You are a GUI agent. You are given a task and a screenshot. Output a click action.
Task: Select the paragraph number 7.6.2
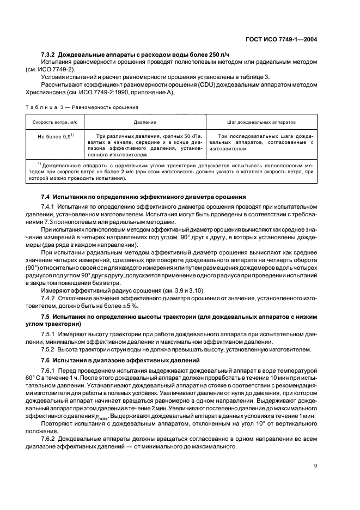tap(51, 439)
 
